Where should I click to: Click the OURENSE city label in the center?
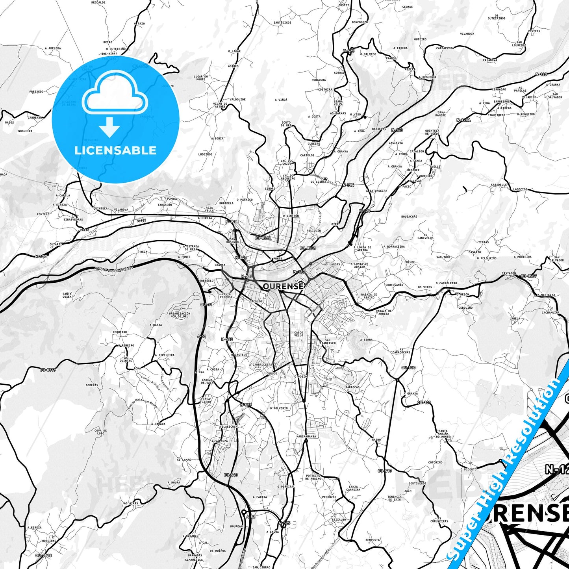pyautogui.click(x=283, y=286)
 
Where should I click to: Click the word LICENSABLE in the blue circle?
pyautogui.click(x=115, y=150)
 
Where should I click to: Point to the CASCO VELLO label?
pyautogui.click(x=299, y=334)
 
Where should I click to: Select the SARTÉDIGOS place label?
pyautogui.click(x=282, y=22)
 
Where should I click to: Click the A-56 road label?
pyautogui.click(x=141, y=221)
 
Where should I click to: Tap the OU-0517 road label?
pyautogui.click(x=48, y=370)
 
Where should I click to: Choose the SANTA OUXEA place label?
pyautogui.click(x=67, y=295)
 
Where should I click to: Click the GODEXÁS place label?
pyautogui.click(x=92, y=385)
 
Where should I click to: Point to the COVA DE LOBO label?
pyautogui.click(x=100, y=432)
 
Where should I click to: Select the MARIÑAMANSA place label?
pyautogui.click(x=306, y=436)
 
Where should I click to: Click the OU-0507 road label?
pyautogui.click(x=528, y=276)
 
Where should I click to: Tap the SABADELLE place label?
pyautogui.click(x=499, y=185)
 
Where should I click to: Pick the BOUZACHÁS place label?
pyautogui.click(x=409, y=216)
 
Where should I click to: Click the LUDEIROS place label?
pyautogui.click(x=205, y=154)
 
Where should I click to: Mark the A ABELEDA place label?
pyautogui.click(x=53, y=48)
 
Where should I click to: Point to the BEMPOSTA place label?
pyautogui.click(x=373, y=540)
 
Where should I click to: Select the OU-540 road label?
pyautogui.click(x=231, y=475)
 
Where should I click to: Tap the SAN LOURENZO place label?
pyautogui.click(x=519, y=44)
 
